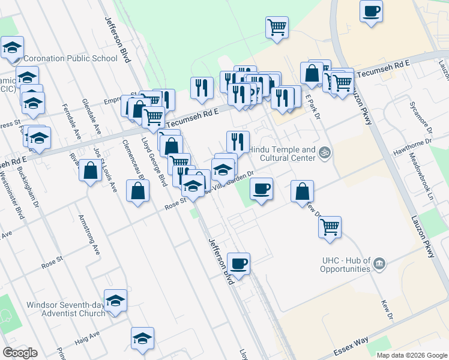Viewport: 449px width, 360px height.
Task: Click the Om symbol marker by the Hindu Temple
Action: pos(325,152)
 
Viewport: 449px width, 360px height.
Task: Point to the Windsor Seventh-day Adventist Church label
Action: pos(65,308)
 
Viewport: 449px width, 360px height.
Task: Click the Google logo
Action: pos(20,352)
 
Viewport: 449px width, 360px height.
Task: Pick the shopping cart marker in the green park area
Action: pos(277,26)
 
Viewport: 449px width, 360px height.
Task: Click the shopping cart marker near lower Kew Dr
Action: pos(330,227)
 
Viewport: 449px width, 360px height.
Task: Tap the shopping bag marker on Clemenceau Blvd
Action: pos(138,191)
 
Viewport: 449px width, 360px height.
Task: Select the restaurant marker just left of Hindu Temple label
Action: pos(238,141)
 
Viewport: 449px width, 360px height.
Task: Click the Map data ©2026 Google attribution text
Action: pos(411,355)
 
